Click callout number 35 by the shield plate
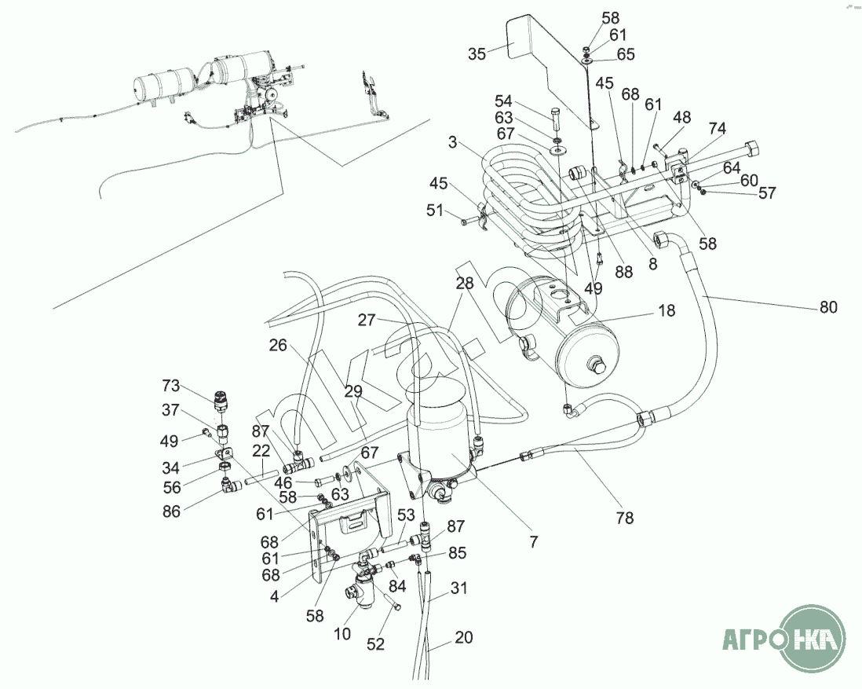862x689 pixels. click(x=477, y=53)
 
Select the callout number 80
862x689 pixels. click(x=828, y=307)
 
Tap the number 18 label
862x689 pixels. click(x=666, y=310)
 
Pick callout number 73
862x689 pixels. click(x=171, y=386)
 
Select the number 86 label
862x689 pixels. click(x=171, y=511)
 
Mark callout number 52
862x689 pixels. click(x=376, y=644)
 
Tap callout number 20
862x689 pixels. click(x=464, y=637)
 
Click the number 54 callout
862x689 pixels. click(x=503, y=101)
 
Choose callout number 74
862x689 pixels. click(x=717, y=127)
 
